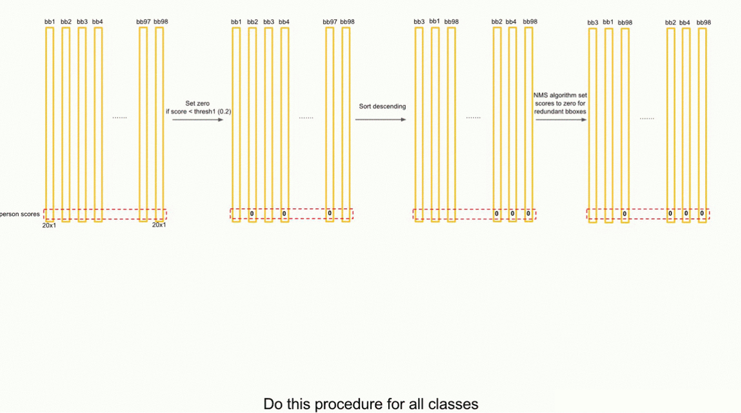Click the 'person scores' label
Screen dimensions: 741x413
20,214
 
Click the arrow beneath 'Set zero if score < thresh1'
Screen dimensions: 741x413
198,119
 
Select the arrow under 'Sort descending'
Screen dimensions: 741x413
380,119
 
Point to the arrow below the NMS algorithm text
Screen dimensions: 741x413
561,119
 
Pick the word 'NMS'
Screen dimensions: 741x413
540,96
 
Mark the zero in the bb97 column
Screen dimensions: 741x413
330,214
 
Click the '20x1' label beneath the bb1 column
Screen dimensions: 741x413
49,225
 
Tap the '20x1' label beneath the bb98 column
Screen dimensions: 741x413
159,225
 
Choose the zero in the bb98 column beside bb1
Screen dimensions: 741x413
625,214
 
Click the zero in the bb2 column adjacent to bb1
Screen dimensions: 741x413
252,214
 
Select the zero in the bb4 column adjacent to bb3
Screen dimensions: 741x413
284,214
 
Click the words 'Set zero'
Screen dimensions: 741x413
198,103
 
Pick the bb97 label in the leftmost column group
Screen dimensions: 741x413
143,22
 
